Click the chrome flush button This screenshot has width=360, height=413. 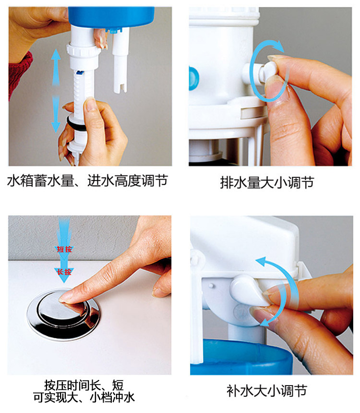pos(63,314)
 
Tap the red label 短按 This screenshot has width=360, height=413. pos(64,249)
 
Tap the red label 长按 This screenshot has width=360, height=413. pos(64,272)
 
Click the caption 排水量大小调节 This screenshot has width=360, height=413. pos(267,182)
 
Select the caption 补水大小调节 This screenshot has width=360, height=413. pos(267,390)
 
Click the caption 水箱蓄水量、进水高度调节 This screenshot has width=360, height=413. pos(87,181)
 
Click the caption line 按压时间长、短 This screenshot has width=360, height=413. pos(84,385)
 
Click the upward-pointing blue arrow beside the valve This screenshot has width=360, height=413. pos(56,67)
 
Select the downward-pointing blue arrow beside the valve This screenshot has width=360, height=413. pos(56,114)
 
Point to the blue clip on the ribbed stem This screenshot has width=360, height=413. pos(80,73)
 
